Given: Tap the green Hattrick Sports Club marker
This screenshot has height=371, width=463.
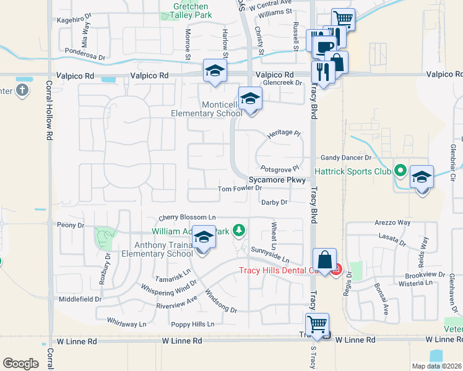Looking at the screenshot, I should pos(400,169).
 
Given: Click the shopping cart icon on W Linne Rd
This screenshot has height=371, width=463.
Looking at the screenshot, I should pos(317,323).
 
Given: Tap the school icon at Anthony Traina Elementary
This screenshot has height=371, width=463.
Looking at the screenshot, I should pos(203,237).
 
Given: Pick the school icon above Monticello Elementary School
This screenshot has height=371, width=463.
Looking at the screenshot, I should pos(250,98).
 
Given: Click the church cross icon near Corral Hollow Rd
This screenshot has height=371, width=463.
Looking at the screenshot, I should pos(22,91).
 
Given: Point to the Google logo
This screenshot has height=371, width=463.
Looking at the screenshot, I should pos(20,364).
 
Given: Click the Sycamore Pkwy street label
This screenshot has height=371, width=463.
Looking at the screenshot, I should pos(277,180).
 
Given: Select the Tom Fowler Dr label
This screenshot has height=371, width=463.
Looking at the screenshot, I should pos(241,189).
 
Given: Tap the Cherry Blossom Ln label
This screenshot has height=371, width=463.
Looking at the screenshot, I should pos(187,218).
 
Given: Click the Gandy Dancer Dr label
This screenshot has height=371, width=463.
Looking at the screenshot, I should pos(345,158).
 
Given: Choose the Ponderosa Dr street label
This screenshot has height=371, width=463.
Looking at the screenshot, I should pos(85,54).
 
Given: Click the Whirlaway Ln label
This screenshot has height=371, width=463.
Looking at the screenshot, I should pos(126,323).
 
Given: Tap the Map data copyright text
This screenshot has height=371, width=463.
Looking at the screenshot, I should pos(436,366).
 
